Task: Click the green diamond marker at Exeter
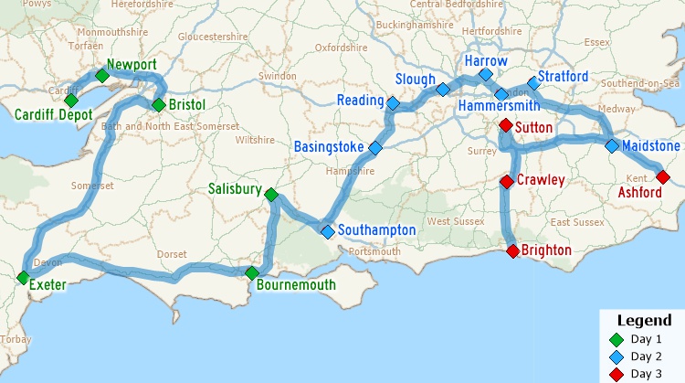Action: click(22, 278)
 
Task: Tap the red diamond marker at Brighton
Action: click(512, 250)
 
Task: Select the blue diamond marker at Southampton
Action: click(328, 231)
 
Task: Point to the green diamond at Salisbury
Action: click(270, 194)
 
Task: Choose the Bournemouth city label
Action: click(296, 285)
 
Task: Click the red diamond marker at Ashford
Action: click(663, 176)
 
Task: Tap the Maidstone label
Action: click(650, 146)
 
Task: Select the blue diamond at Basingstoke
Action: click(374, 147)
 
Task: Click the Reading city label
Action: click(360, 100)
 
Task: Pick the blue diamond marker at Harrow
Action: click(485, 74)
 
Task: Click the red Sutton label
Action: click(533, 127)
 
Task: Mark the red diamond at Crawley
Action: click(506, 181)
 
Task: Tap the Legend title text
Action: click(645, 321)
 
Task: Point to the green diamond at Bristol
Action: click(158, 104)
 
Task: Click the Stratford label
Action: click(563, 76)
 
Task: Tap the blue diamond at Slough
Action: click(442, 90)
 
